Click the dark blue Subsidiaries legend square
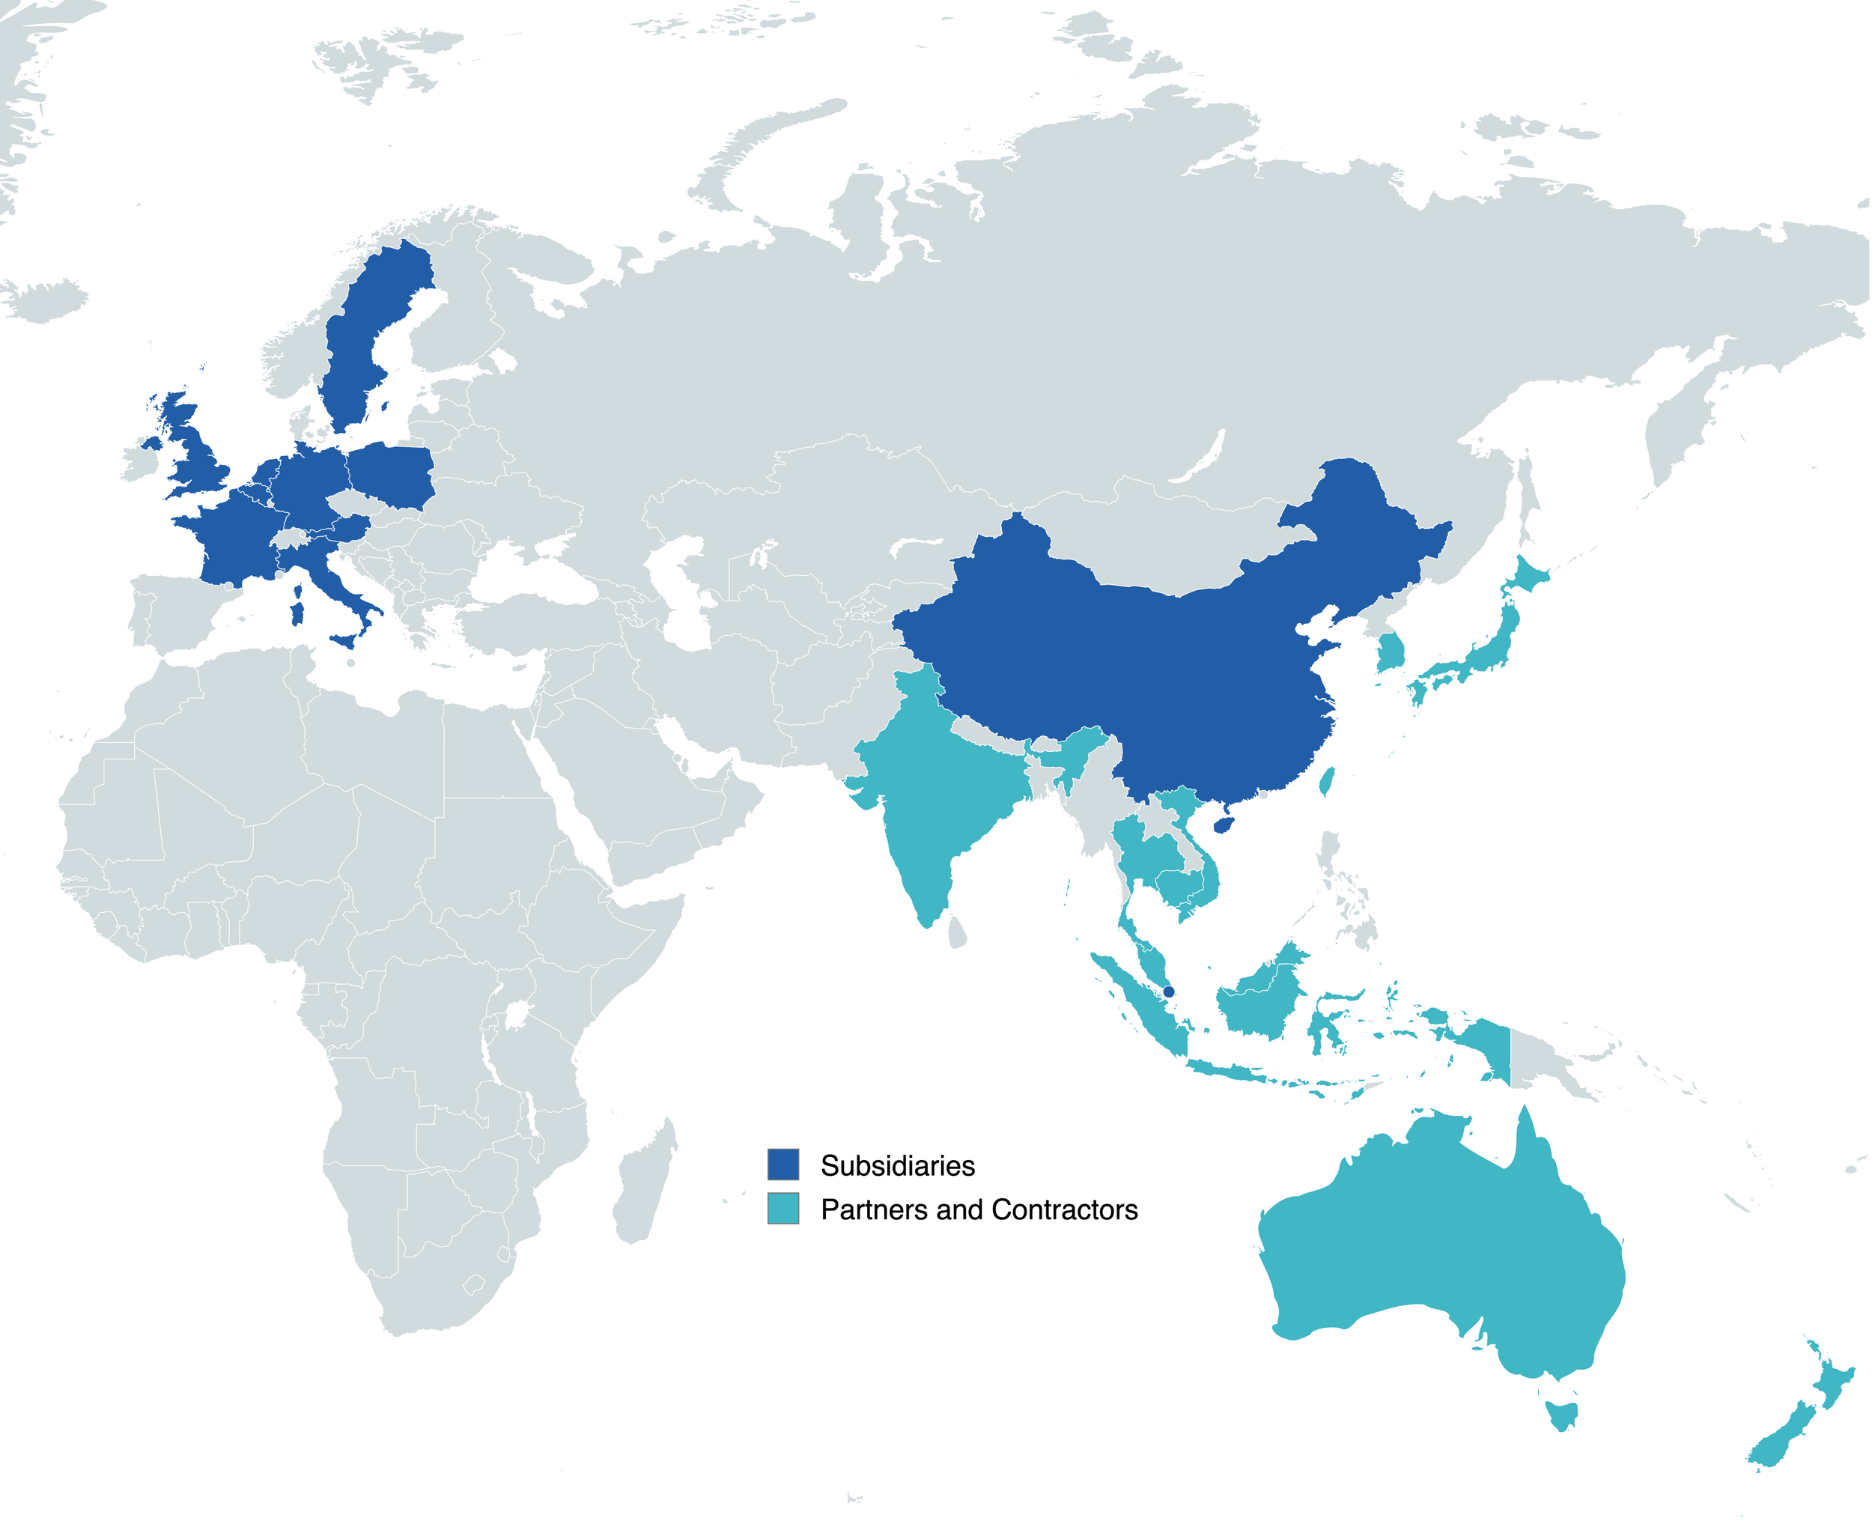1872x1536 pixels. click(783, 1165)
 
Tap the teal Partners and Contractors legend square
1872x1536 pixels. click(783, 1209)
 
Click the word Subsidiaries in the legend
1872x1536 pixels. click(897, 1165)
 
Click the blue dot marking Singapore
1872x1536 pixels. click(1169, 992)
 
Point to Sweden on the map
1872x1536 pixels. click(362, 345)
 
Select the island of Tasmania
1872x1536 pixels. click(1561, 1414)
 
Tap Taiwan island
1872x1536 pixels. click(1326, 781)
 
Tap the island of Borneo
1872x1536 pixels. click(1261, 1000)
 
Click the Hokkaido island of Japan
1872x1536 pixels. click(1528, 575)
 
